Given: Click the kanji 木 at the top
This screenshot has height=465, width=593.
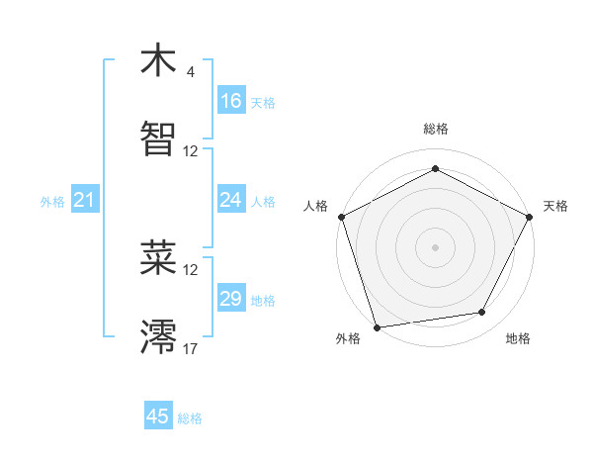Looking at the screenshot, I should (x=159, y=62).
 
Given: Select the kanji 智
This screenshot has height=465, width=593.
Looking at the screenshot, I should (x=159, y=139).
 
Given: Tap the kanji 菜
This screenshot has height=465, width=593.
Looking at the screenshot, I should (x=159, y=258).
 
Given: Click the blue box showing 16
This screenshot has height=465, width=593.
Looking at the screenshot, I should (x=231, y=101).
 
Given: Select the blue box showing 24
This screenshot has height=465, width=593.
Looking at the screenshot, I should (x=231, y=200).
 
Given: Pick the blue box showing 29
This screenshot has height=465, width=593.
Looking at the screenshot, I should (x=231, y=299).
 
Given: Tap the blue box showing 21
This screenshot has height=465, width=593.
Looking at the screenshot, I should (x=85, y=201).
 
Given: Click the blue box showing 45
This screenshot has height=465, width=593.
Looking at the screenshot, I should (x=158, y=417).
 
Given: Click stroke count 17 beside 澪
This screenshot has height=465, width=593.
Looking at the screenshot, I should (x=191, y=347).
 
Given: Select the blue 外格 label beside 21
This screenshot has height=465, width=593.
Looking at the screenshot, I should (x=52, y=202).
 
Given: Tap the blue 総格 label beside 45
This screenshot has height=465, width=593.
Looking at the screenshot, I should (x=190, y=418).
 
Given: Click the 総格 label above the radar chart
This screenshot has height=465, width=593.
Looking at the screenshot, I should (x=435, y=129).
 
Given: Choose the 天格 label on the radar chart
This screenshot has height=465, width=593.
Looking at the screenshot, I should (x=555, y=206).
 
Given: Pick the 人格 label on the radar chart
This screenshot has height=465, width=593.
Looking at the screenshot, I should (x=315, y=206).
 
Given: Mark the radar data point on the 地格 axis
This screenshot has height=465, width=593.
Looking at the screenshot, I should (x=482, y=313).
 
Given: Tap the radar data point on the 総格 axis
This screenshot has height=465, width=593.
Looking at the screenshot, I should (x=435, y=169).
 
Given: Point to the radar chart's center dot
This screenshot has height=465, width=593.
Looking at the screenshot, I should (x=435, y=246).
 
